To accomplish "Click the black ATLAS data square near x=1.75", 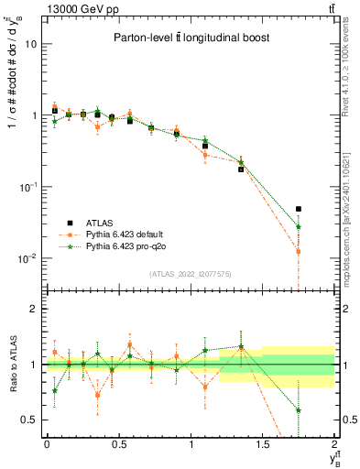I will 298,209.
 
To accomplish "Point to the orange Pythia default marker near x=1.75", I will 298,251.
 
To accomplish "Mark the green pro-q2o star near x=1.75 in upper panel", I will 298,226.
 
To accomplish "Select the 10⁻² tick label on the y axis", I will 29,258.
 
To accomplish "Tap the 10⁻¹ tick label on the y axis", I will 29,187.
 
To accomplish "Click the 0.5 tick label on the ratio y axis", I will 30,420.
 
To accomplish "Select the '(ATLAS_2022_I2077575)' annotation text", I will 190,274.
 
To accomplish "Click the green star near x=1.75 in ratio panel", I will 298,410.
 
